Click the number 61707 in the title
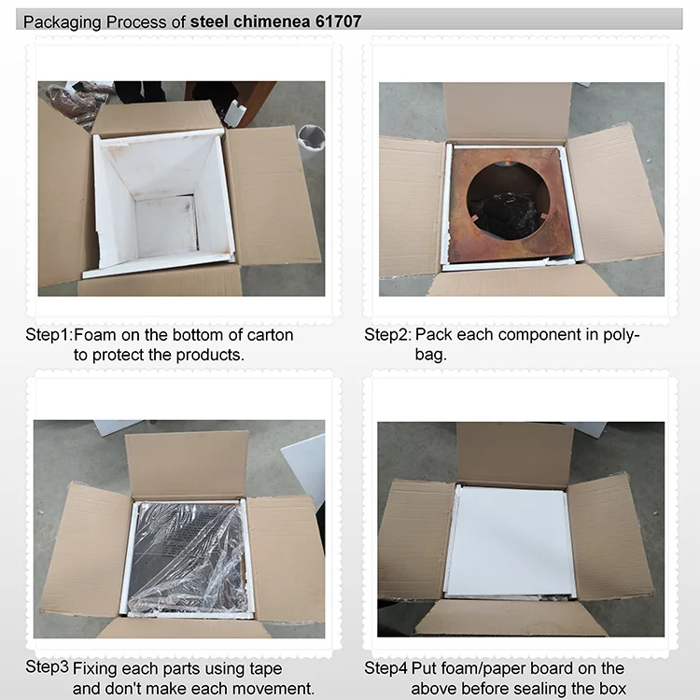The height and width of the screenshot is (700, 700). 339,21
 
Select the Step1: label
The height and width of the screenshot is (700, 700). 49,335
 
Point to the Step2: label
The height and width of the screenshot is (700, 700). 387,335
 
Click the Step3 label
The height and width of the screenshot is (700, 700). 47,667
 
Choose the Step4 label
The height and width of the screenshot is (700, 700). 385,668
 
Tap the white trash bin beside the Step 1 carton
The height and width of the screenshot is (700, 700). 311,138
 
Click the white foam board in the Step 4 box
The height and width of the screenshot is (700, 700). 510,541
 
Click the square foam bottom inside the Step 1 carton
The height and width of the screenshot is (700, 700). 165,226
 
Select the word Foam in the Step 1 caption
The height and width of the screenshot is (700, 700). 95,335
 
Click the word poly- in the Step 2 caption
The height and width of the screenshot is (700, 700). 622,335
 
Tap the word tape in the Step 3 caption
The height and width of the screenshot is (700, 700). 266,669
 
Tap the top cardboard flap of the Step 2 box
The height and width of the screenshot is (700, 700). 507,112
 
